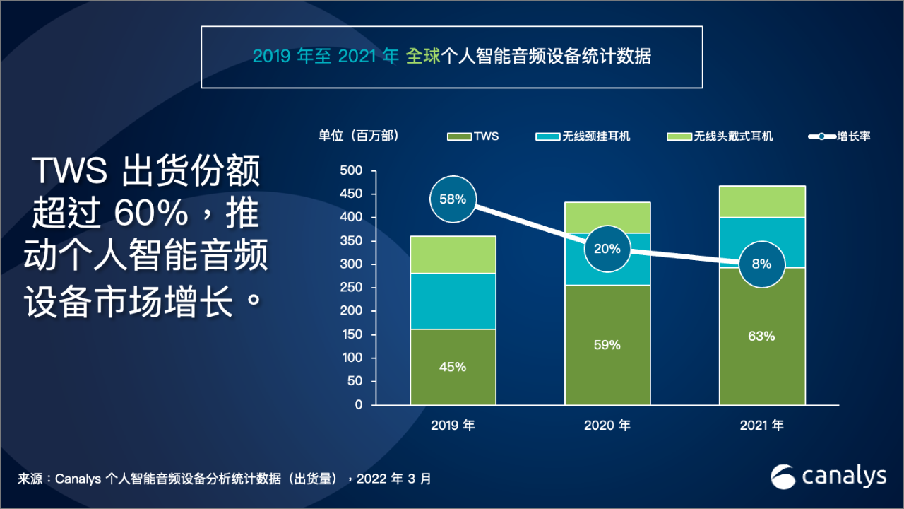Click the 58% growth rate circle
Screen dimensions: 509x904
453,199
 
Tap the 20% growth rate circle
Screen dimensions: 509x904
607,249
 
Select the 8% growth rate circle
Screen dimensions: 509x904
762,264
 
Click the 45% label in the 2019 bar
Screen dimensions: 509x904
453,367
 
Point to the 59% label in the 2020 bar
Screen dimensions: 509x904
607,345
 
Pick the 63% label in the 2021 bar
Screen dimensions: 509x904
762,336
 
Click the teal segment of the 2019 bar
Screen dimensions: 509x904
453,300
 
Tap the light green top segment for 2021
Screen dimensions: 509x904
762,201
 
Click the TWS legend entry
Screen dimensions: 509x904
473,136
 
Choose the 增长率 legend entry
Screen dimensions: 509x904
840,136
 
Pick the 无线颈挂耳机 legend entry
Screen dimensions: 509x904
583,136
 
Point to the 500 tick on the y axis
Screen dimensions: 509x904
352,171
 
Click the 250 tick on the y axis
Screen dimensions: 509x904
352,288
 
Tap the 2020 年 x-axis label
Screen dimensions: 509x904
607,426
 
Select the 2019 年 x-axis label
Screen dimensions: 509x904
453,426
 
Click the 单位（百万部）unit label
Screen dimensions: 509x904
359,136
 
